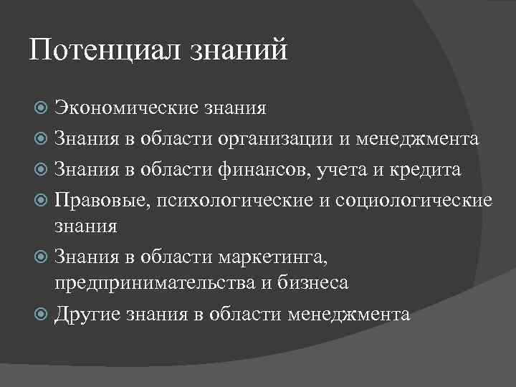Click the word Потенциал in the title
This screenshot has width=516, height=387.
(x=107, y=52)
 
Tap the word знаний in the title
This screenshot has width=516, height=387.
(x=240, y=52)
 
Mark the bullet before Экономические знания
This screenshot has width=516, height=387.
(x=42, y=109)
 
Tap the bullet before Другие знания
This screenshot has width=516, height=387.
(x=42, y=314)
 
